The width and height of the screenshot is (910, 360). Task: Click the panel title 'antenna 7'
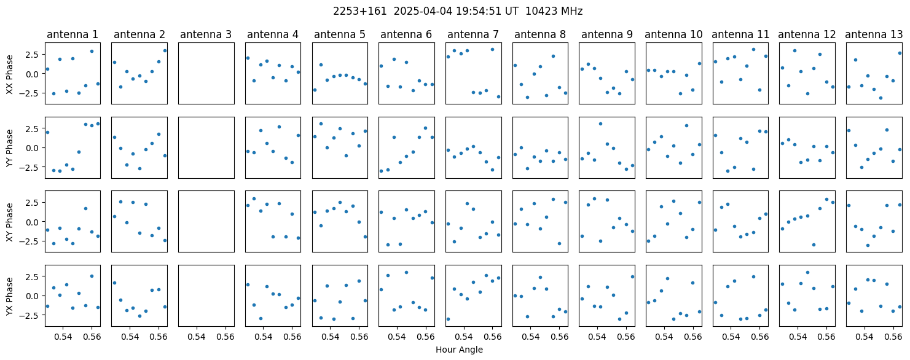point(473,35)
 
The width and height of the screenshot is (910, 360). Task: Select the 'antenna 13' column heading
point(874,35)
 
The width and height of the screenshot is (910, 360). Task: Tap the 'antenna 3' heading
point(206,35)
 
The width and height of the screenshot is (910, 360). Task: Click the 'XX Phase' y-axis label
point(10,74)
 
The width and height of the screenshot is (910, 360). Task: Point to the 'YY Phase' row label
point(10,148)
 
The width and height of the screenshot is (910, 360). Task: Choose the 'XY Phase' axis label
point(10,222)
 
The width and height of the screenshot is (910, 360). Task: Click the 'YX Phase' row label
point(10,296)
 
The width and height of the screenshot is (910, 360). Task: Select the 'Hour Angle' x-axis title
point(459,350)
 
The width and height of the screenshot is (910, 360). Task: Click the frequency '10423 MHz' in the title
point(554,12)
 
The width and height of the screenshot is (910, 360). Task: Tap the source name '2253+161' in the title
point(360,12)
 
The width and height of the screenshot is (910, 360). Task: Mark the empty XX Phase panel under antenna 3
point(206,74)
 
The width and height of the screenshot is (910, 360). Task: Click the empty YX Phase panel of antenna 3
point(206,295)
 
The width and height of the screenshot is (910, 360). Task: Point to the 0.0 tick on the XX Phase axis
point(35,74)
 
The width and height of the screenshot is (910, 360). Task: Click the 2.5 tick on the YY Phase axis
point(35,129)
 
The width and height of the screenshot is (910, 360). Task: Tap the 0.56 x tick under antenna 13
point(893,337)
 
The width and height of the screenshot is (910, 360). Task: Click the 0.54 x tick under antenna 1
point(63,337)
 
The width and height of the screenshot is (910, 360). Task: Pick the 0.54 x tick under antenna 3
point(197,337)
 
